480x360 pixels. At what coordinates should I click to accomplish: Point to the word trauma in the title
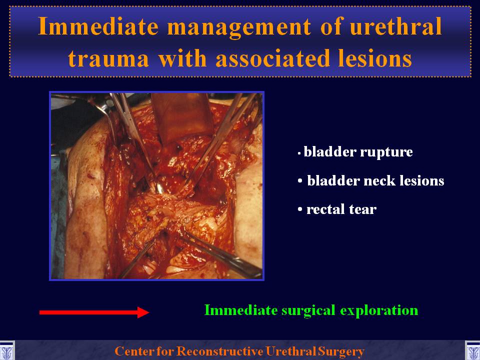[108, 58]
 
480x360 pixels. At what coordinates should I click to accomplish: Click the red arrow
[94, 312]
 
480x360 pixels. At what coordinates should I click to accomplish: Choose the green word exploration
[379, 310]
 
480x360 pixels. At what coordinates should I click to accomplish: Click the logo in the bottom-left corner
[6, 351]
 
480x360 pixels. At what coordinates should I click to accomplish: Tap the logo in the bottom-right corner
[472, 351]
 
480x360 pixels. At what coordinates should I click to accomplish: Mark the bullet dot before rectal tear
[300, 209]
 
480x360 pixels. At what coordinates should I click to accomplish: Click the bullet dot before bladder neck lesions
[300, 181]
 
